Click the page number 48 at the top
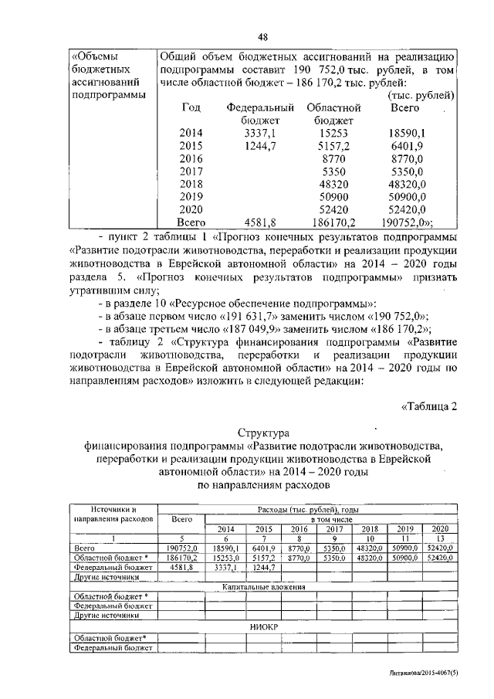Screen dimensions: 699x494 [262, 38]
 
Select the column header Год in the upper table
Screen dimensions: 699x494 [191, 108]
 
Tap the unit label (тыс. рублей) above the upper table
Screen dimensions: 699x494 [421, 95]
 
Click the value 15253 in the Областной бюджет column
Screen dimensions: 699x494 [330, 133]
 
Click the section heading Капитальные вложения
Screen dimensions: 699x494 [263, 587]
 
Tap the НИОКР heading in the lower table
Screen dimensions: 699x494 [263, 627]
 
